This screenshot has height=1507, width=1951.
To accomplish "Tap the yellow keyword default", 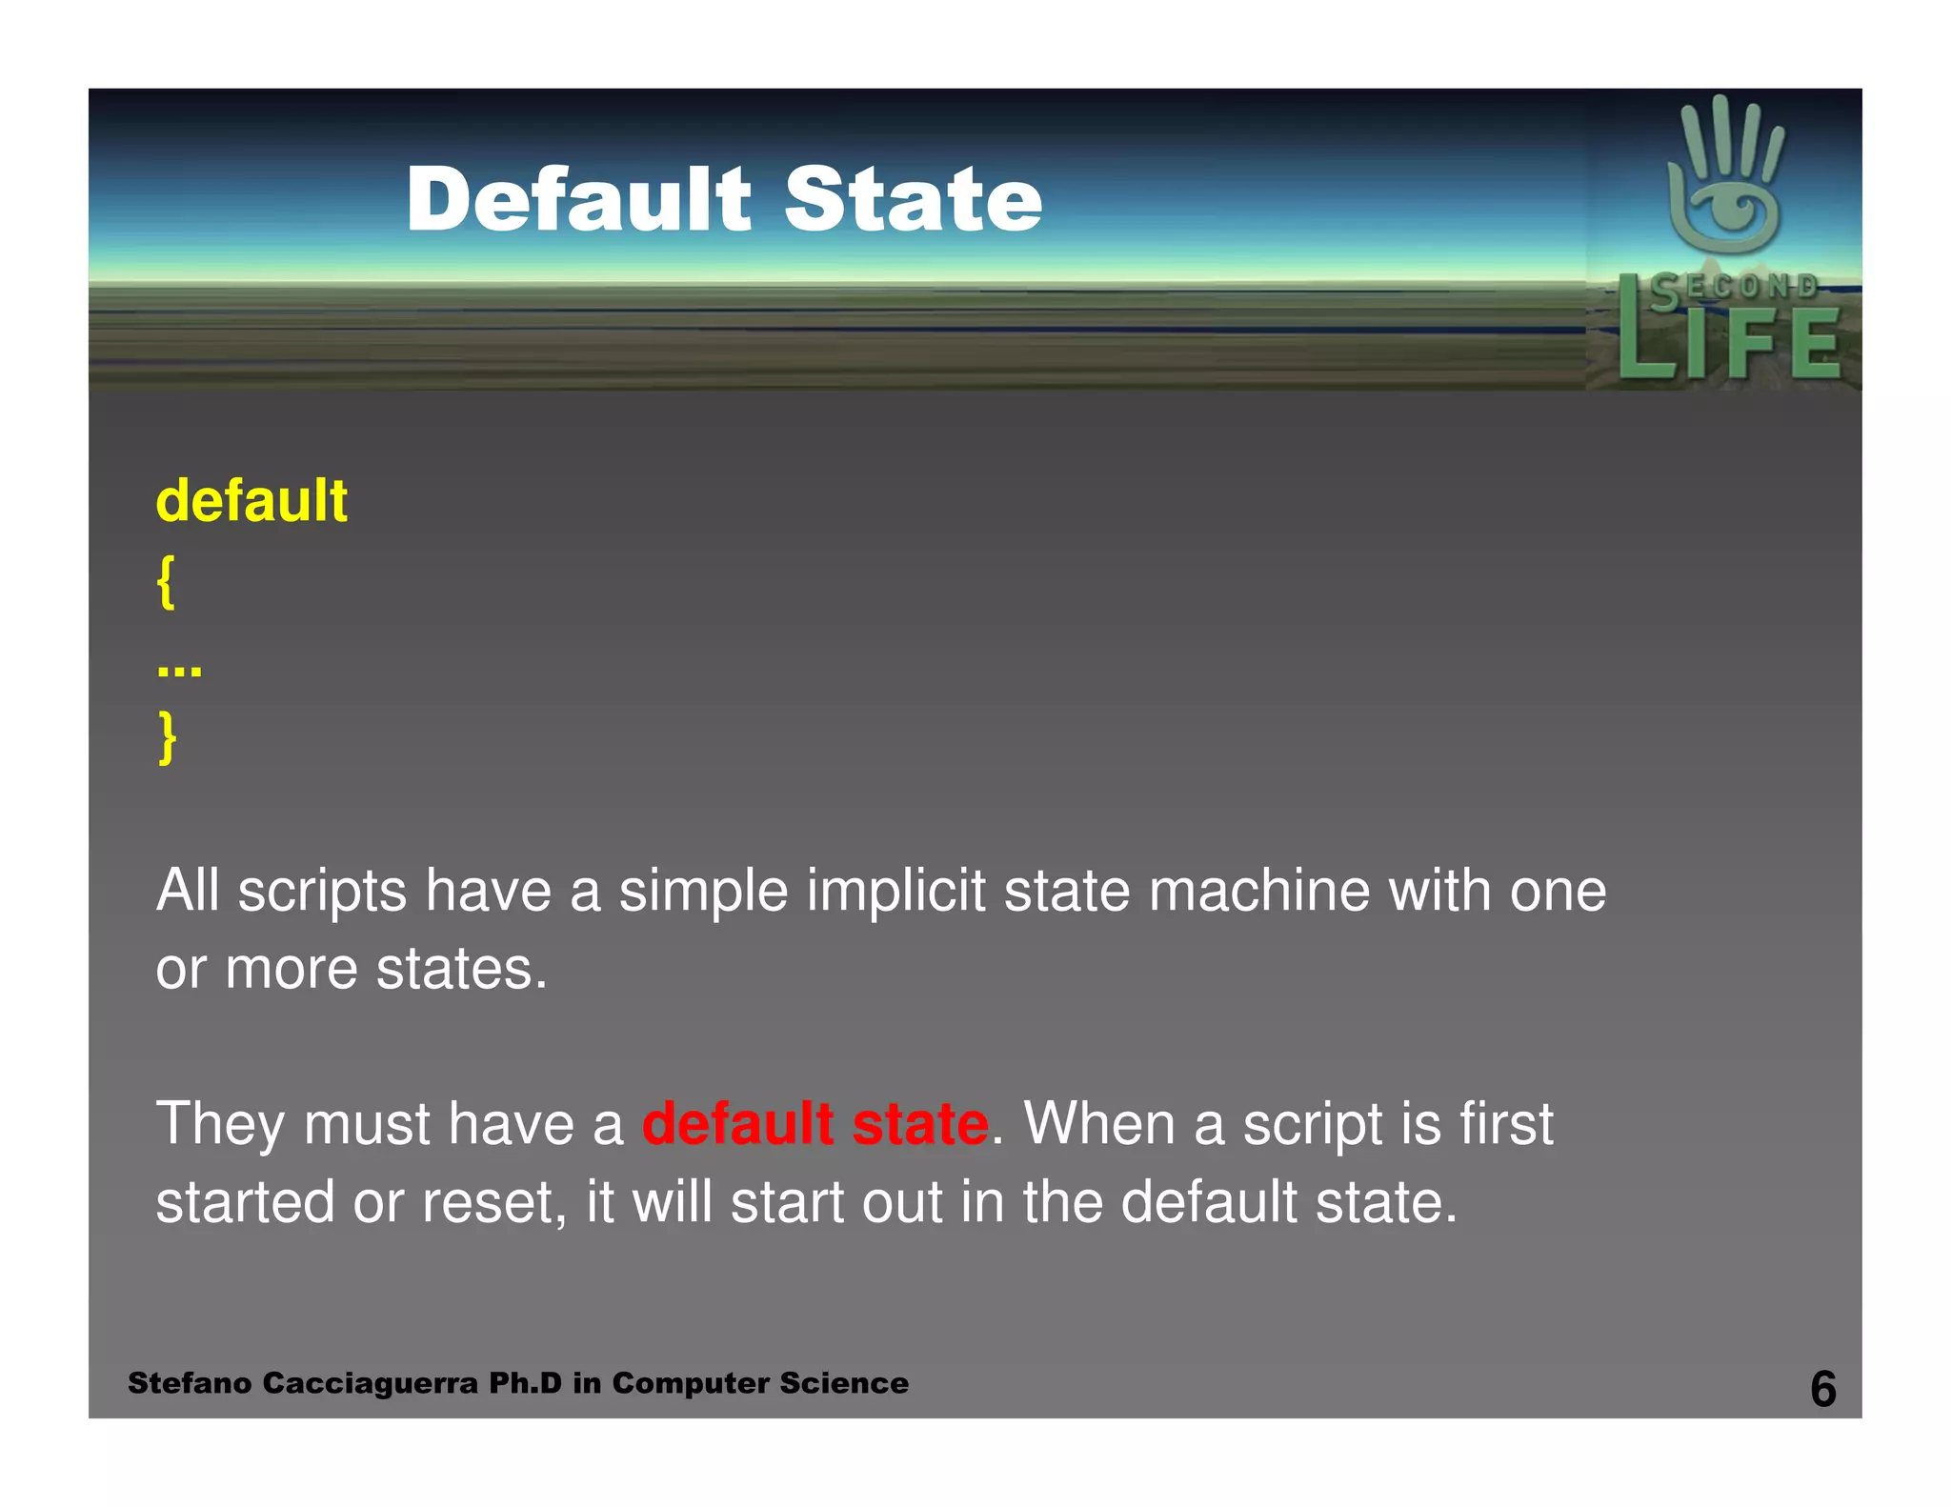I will (251, 501).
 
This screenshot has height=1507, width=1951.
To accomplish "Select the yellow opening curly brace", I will (166, 581).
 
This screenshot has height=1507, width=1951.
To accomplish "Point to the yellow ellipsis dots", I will (179, 669).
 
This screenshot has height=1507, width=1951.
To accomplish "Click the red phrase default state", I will (815, 1123).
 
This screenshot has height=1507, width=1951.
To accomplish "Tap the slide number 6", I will (1822, 1388).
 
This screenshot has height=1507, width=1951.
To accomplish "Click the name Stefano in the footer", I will (190, 1383).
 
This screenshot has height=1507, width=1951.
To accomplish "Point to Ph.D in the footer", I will (525, 1383).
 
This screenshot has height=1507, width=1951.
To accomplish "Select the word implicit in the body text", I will (895, 891).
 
